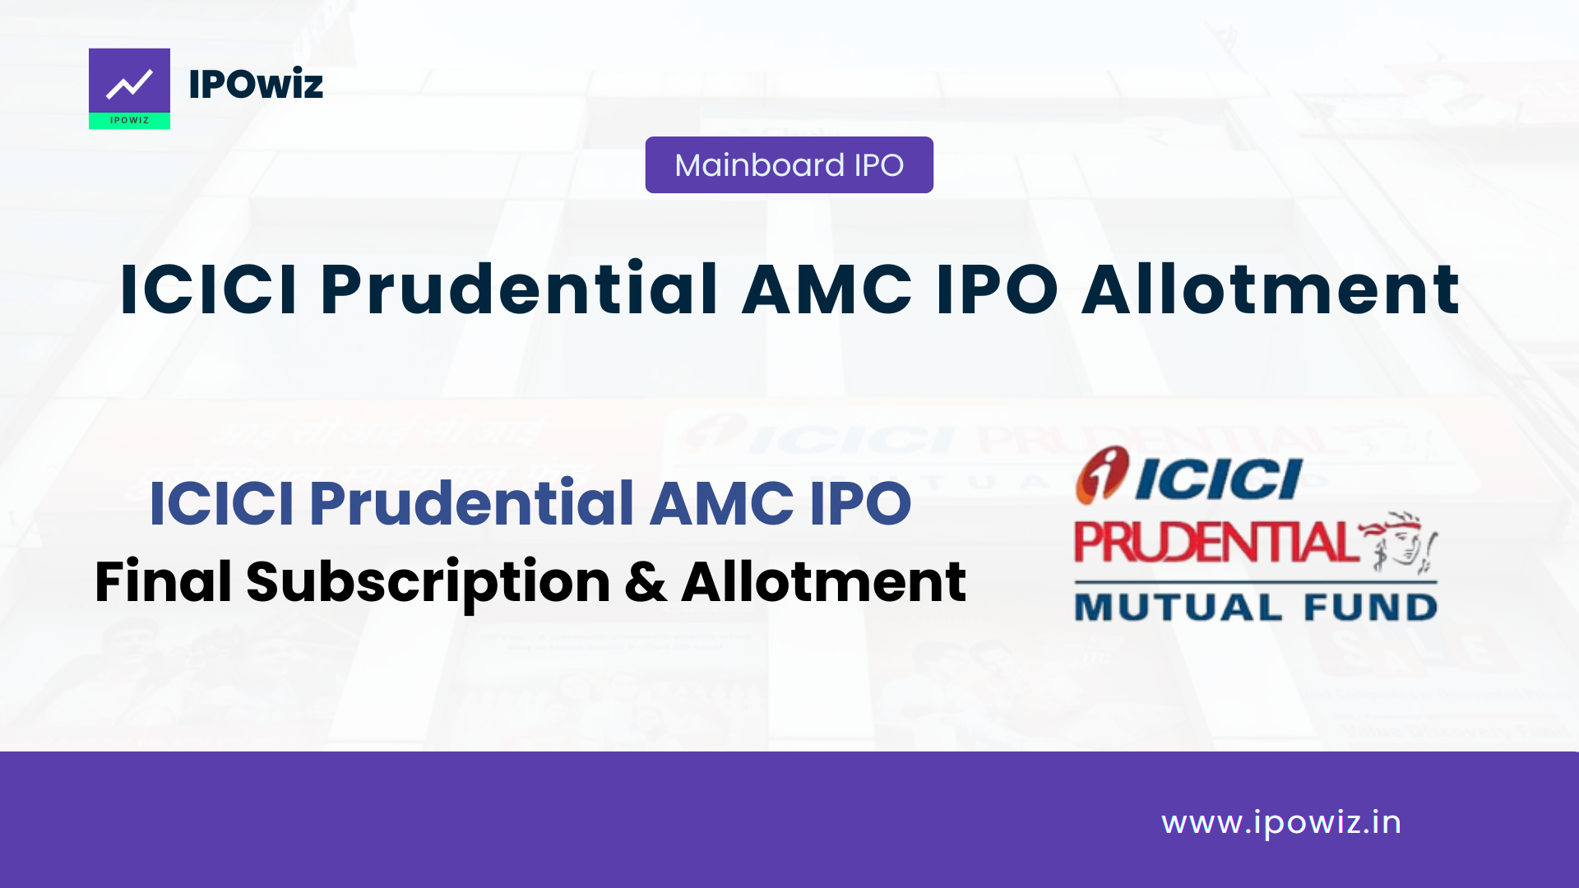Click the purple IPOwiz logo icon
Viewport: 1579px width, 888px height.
coord(129,81)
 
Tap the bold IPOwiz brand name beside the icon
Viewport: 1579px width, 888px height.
coord(256,85)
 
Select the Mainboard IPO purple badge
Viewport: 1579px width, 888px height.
coord(789,165)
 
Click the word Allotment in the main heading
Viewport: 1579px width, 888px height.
coord(1271,289)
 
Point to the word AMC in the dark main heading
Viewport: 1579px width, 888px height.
coord(827,289)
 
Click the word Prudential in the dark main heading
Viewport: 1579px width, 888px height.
coord(519,289)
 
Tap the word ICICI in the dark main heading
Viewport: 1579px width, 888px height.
coord(208,289)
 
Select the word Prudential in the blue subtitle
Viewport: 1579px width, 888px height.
coord(471,503)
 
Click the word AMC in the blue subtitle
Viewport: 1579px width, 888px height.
coord(721,503)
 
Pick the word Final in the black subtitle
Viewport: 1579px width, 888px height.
coord(163,582)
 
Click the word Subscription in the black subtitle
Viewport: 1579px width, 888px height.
coord(428,582)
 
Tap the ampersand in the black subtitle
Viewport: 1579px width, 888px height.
coord(646,582)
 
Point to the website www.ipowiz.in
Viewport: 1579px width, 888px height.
coord(1280,823)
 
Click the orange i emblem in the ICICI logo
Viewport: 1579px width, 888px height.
coord(1102,474)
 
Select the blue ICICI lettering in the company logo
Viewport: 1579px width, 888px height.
coord(1219,479)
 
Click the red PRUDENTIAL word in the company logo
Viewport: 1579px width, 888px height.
coord(1215,543)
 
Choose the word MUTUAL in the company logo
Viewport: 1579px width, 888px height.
coord(1178,608)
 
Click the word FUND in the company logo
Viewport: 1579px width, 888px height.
coord(1370,608)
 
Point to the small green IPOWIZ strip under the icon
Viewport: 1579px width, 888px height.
coord(129,121)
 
